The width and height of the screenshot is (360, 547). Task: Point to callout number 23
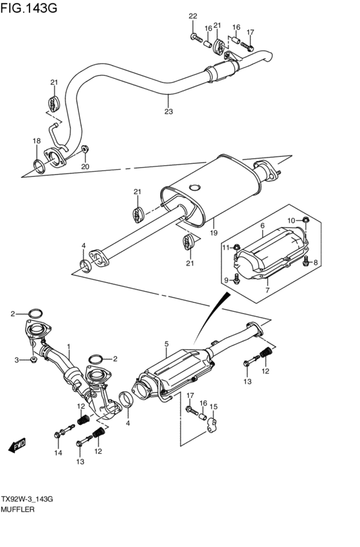[x=168, y=111]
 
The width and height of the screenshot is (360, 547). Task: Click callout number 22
[x=193, y=15]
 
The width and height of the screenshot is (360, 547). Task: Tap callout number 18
[x=37, y=141]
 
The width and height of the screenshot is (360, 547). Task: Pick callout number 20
[x=85, y=167]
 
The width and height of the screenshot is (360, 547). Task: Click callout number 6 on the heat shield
[x=262, y=226]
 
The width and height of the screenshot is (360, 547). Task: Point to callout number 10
[x=291, y=220]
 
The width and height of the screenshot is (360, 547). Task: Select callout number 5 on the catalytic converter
[x=166, y=344]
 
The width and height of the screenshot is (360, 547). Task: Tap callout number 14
[x=57, y=454]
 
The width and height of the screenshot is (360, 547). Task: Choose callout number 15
[x=213, y=406]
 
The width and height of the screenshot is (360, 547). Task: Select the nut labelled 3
[x=31, y=361]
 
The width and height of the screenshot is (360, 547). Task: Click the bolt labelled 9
[x=237, y=278]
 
